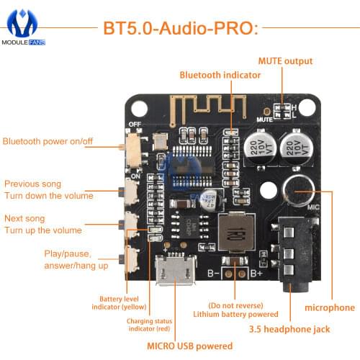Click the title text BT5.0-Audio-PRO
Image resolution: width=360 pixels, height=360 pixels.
[x=180, y=29]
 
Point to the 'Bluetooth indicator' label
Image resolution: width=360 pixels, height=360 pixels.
[x=216, y=74]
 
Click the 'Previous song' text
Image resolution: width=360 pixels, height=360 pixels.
[x=33, y=184]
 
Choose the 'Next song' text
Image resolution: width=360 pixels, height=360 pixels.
[x=25, y=218]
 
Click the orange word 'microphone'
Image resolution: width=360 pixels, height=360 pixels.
[x=330, y=307]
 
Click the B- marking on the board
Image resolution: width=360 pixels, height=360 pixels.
[x=214, y=274]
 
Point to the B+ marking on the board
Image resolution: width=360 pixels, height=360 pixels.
[x=256, y=274]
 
